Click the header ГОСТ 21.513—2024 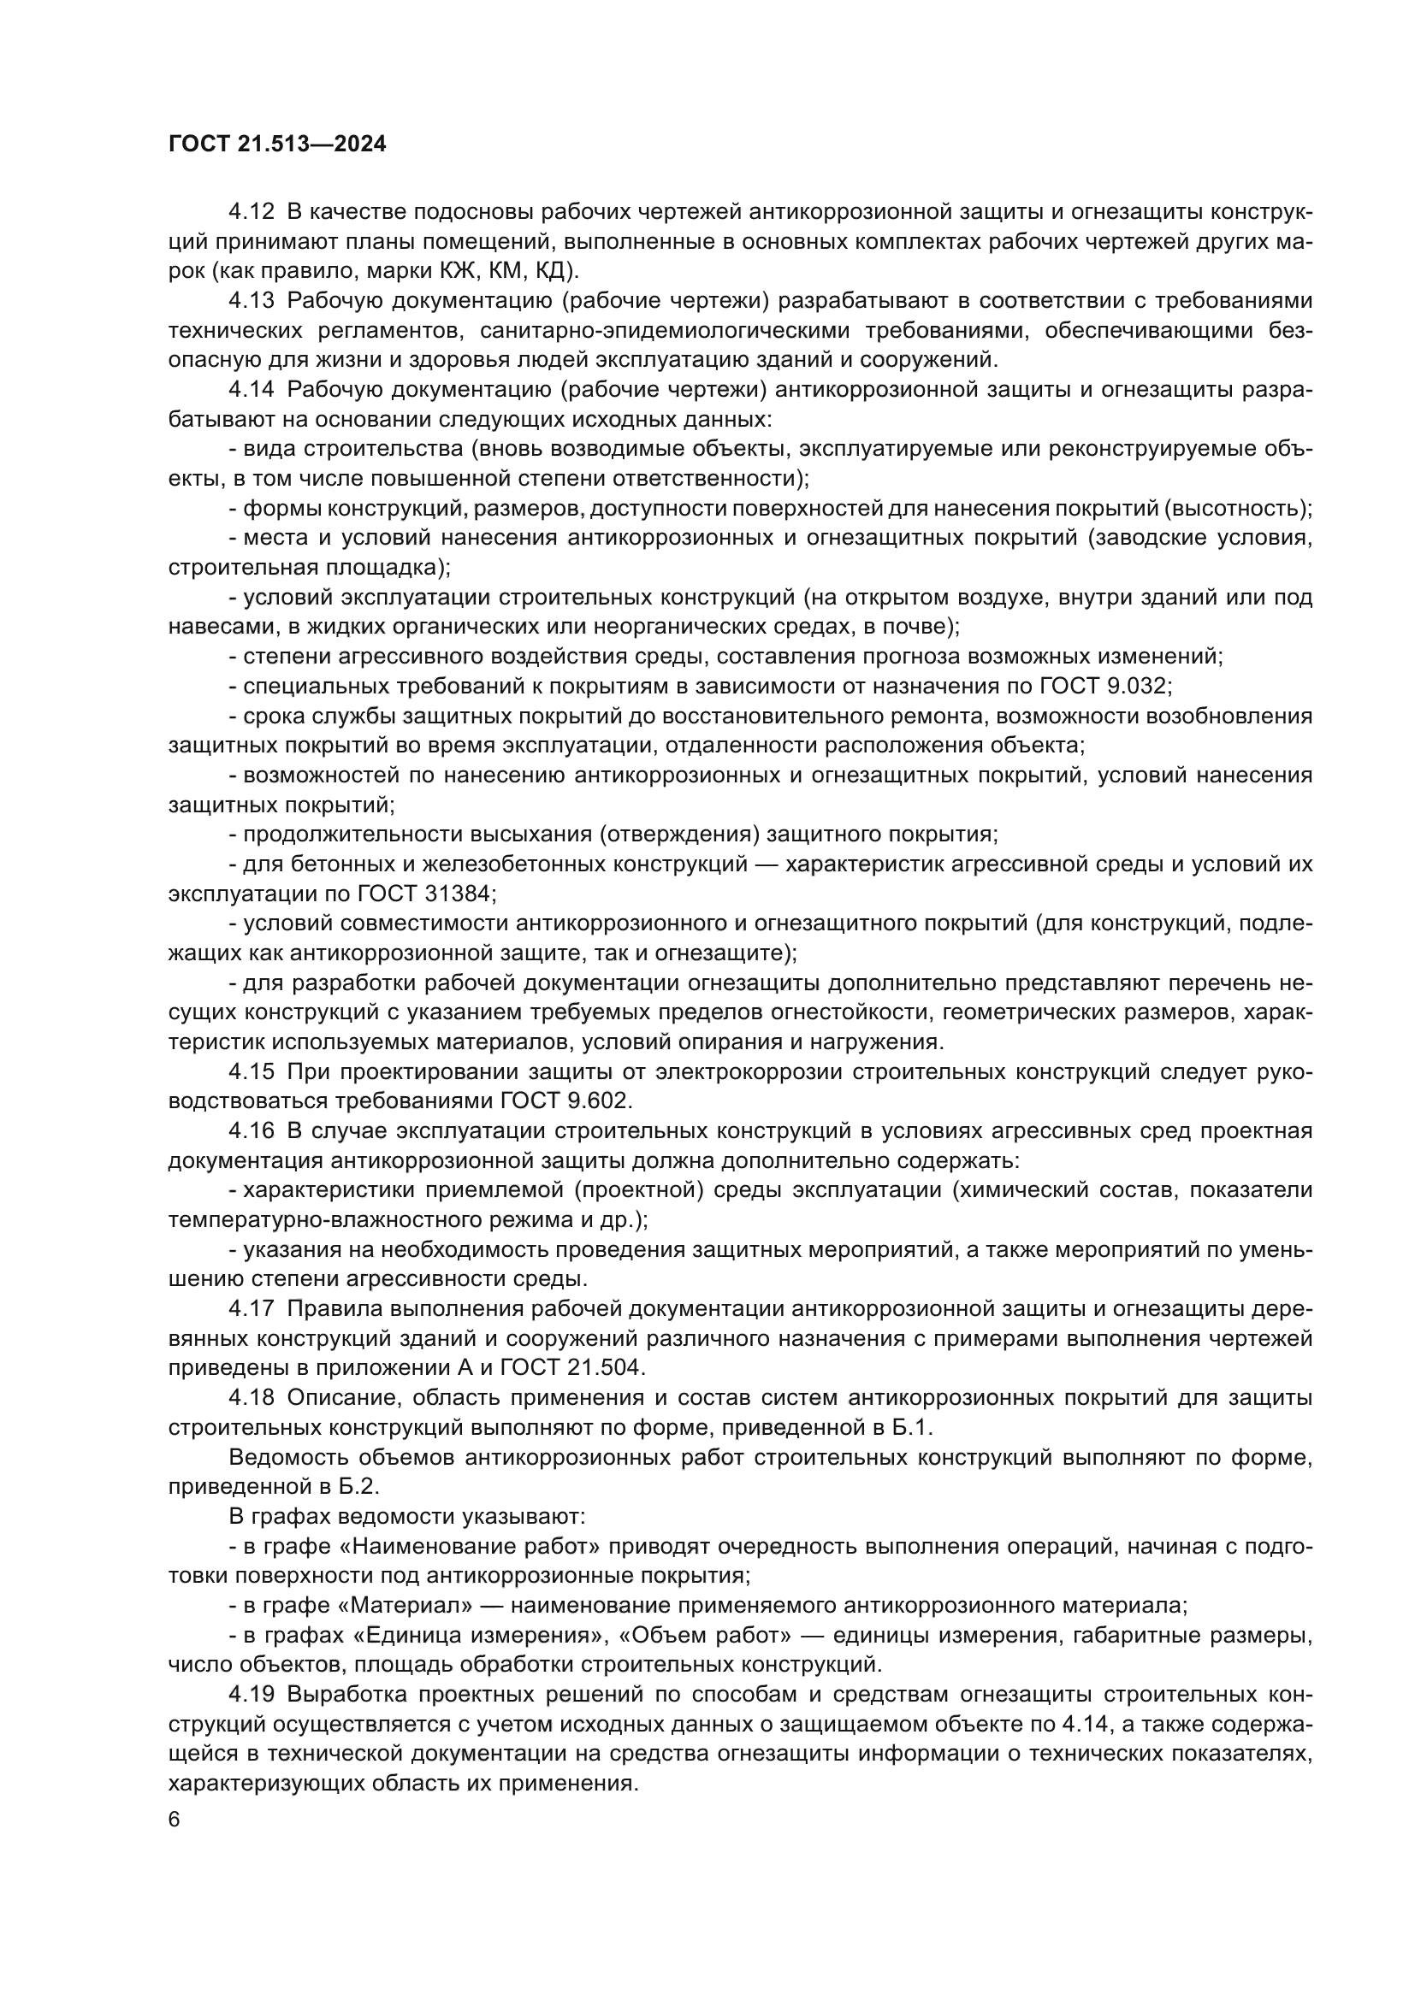tap(277, 145)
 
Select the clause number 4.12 tap(252, 212)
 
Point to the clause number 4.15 tap(252, 1071)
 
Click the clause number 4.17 tap(252, 1309)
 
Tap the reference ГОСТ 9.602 tap(565, 1101)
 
